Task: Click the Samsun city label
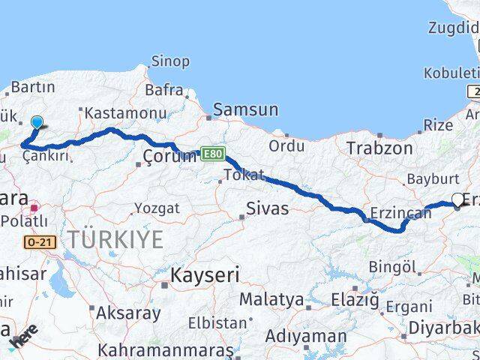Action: tap(245, 109)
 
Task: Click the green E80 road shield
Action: tap(212, 154)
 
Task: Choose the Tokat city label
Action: tap(244, 175)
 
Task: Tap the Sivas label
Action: tap(268, 208)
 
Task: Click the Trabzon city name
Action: tap(379, 148)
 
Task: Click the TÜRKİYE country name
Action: tap(115, 240)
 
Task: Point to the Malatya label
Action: tap(271, 300)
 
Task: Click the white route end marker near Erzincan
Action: tap(458, 200)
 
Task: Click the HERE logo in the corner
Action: tap(24, 340)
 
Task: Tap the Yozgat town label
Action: tap(158, 208)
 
